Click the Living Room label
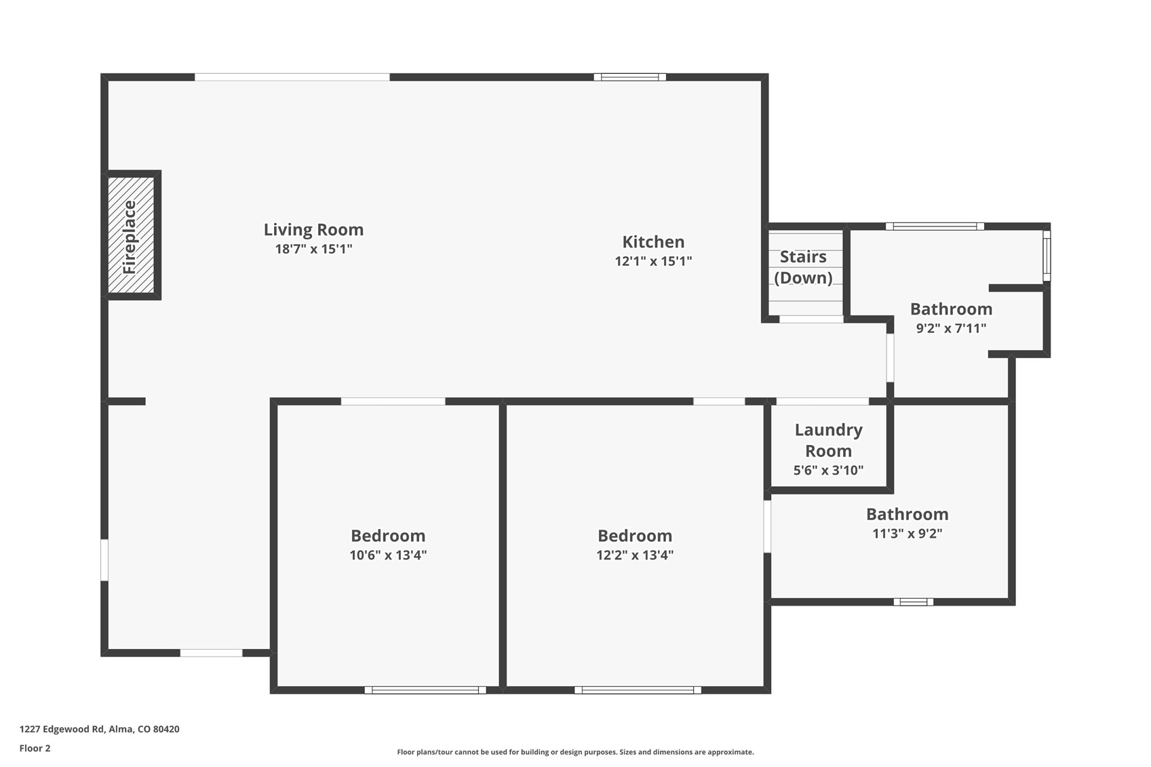(x=313, y=230)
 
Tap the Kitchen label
(x=653, y=242)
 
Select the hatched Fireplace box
(x=131, y=235)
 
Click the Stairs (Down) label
(x=803, y=267)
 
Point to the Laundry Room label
(x=828, y=440)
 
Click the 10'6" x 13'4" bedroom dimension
(x=388, y=555)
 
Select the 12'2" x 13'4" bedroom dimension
(x=635, y=555)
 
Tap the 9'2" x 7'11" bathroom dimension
(x=951, y=329)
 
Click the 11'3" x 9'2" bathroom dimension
(x=907, y=534)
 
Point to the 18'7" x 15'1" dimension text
(x=313, y=249)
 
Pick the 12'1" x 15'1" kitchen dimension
(x=653, y=261)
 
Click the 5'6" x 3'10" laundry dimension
(x=828, y=471)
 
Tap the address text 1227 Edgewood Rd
(x=99, y=729)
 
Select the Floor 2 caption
(x=35, y=749)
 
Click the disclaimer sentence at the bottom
(x=575, y=752)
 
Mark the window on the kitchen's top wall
(x=629, y=77)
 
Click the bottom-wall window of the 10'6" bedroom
(x=425, y=690)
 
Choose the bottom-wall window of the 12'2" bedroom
(x=638, y=690)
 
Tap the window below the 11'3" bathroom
(x=913, y=602)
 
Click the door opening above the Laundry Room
(x=822, y=401)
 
